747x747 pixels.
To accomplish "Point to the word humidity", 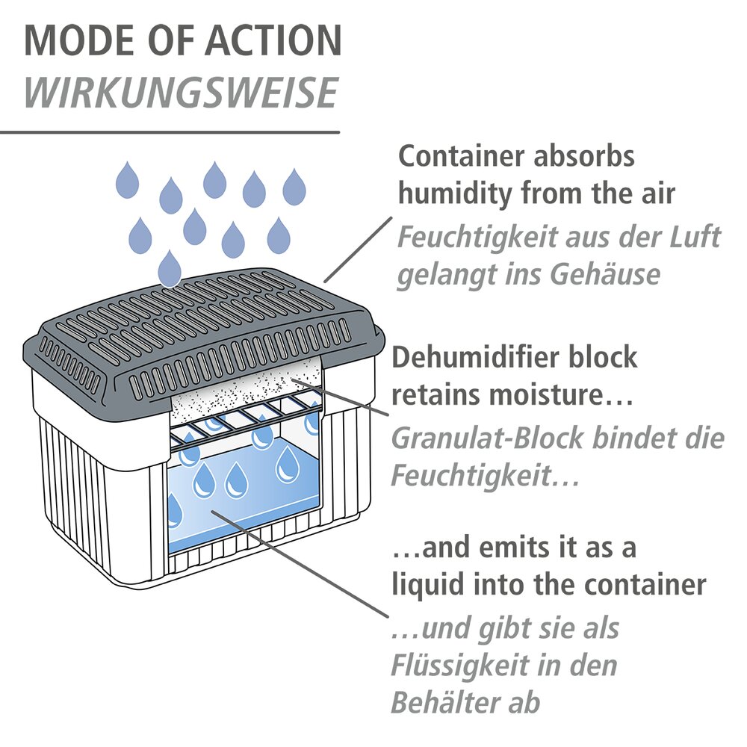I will pos(455,193).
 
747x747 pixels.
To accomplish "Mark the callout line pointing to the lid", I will pos(359,249).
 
